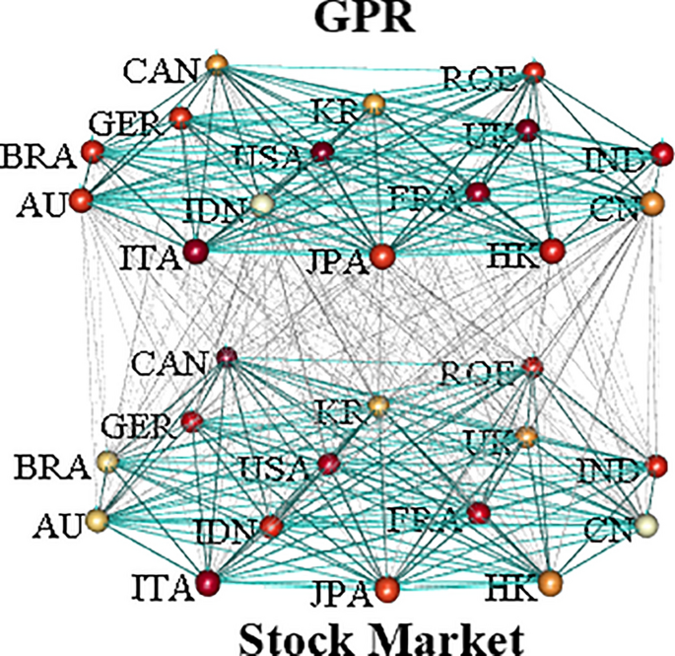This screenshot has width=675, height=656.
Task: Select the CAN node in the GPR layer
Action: point(217,65)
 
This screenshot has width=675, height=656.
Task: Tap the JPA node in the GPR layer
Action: point(383,256)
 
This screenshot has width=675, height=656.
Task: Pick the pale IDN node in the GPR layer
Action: point(262,205)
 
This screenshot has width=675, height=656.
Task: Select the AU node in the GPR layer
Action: point(81,200)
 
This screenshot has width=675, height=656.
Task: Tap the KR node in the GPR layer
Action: point(373,103)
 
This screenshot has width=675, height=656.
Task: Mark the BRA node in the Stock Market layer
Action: point(106,462)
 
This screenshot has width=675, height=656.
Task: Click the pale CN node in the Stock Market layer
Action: point(645,525)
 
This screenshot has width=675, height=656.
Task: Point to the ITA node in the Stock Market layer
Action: point(208,583)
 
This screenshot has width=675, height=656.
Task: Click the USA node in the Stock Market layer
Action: point(329,463)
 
